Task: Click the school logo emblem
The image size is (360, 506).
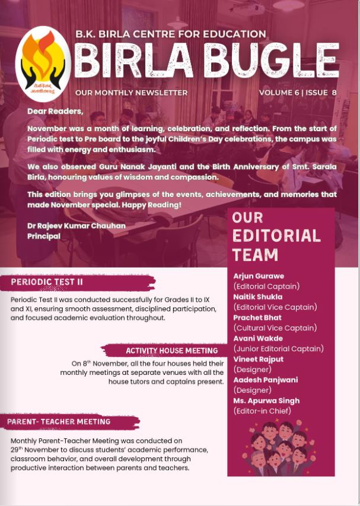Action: [x=43, y=63]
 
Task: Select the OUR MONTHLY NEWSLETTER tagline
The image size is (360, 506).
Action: [x=131, y=93]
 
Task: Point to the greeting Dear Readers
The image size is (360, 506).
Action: [x=55, y=111]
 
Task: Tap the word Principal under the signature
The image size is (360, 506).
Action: [x=44, y=236]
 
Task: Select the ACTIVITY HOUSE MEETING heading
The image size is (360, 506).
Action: [x=164, y=351]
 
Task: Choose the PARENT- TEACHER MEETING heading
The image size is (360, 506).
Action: [x=59, y=422]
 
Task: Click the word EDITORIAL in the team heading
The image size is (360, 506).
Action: [x=276, y=236]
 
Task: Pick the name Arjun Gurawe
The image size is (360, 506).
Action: [x=258, y=276]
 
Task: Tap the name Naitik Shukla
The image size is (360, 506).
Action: [x=258, y=297]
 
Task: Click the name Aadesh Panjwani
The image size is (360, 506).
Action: [x=266, y=380]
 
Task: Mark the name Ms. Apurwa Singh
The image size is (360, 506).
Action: [x=266, y=400]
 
